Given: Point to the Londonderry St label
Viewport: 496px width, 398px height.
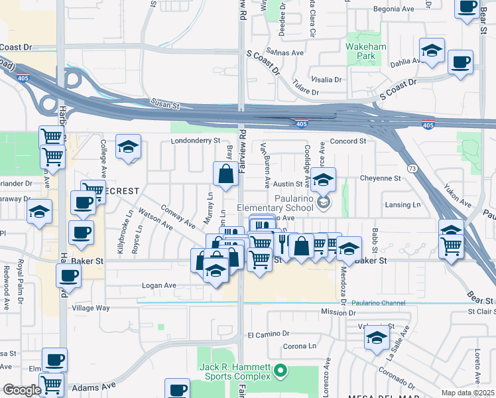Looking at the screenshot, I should coord(195,141).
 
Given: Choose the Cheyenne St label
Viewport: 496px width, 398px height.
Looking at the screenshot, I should coord(380,178).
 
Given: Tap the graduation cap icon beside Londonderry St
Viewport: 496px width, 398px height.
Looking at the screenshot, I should coord(128,147).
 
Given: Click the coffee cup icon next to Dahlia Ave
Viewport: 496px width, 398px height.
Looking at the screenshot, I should coord(460,63).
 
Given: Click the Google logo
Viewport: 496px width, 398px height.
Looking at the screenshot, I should coord(21,390).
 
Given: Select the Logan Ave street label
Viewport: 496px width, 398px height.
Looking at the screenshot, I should coord(158,285).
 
